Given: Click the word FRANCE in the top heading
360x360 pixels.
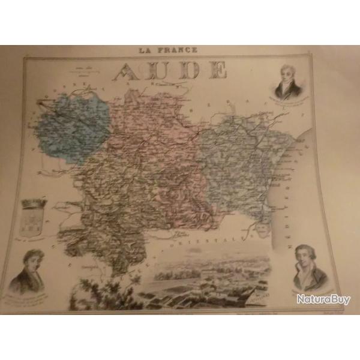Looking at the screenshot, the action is tap(178, 50).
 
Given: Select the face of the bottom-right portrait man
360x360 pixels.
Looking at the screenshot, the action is tap(306, 257).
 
